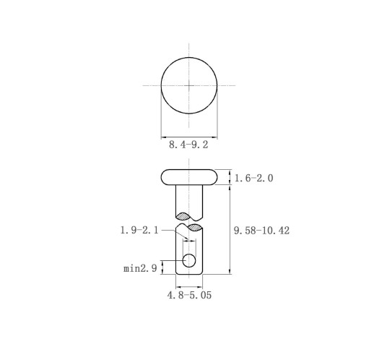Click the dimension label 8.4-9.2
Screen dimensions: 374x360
click(x=188, y=145)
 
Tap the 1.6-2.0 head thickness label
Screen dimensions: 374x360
click(x=253, y=179)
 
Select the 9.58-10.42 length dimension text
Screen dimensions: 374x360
click(x=261, y=231)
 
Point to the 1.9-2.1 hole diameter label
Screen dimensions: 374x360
click(x=139, y=230)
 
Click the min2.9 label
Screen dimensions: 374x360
click(x=140, y=268)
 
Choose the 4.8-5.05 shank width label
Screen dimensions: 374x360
click(x=189, y=295)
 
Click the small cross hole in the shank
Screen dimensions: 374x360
click(x=189, y=260)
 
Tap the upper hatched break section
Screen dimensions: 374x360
click(x=183, y=216)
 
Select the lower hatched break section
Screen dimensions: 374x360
click(x=194, y=228)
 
